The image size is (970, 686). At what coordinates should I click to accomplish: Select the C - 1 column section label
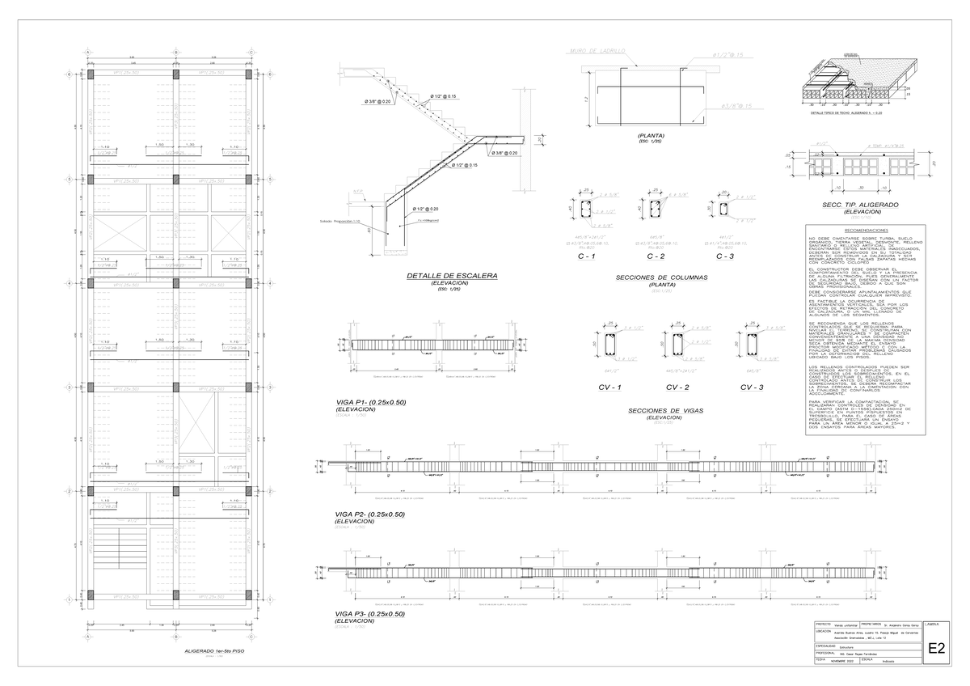tap(586, 256)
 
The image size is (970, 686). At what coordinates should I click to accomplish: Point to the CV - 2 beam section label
tap(677, 387)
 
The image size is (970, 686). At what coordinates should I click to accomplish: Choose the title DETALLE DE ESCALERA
tap(452, 277)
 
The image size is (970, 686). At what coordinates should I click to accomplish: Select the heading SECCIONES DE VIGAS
tap(666, 411)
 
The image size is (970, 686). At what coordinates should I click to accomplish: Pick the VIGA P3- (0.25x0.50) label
tap(369, 614)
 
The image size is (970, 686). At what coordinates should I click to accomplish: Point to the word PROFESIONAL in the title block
tap(829, 653)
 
